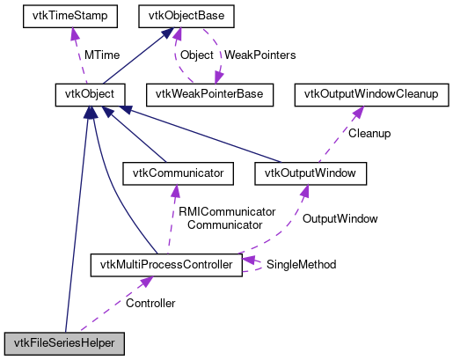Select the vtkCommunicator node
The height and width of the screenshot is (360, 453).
tap(179, 173)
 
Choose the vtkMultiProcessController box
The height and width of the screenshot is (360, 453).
tap(166, 264)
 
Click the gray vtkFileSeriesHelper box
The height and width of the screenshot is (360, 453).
tap(64, 342)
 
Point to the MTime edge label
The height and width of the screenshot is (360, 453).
tap(102, 55)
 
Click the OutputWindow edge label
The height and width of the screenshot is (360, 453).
tap(340, 218)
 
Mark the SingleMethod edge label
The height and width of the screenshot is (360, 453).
tap(301, 264)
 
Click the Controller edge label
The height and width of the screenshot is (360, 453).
tap(150, 303)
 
